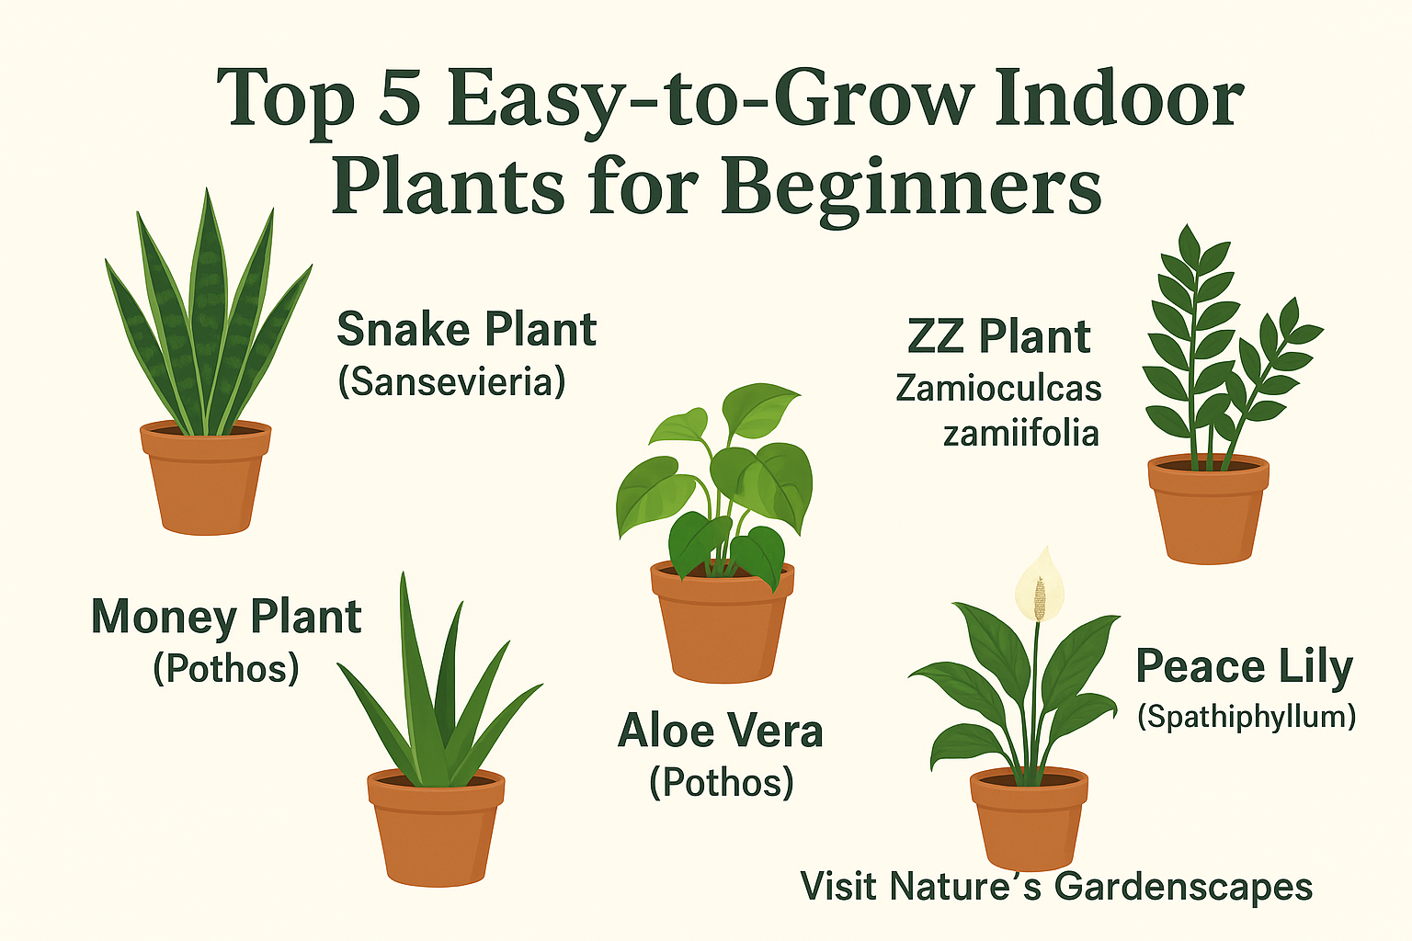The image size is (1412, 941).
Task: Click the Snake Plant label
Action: (x=466, y=329)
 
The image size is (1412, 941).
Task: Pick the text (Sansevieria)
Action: (x=451, y=381)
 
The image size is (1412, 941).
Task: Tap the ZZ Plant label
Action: (x=998, y=336)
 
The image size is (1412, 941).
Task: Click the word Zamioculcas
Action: (x=998, y=388)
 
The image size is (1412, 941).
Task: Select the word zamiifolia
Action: (x=1020, y=432)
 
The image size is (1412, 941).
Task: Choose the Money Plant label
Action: (x=226, y=617)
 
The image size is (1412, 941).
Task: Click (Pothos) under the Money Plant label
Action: (x=226, y=668)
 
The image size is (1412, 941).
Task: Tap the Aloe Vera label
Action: (x=721, y=731)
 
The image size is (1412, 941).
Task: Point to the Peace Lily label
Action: (x=1244, y=666)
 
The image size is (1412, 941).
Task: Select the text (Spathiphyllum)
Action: (x=1247, y=716)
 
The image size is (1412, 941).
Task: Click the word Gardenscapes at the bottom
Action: (x=1183, y=887)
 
